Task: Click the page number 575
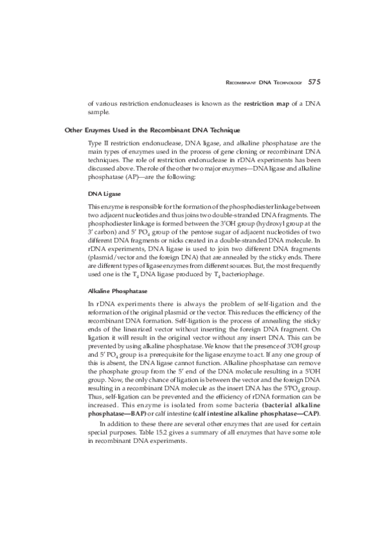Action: [314, 82]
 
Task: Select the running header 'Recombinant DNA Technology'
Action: [263, 82]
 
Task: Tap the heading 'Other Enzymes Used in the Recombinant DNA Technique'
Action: [152, 130]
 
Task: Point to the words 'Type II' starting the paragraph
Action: [98, 144]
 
